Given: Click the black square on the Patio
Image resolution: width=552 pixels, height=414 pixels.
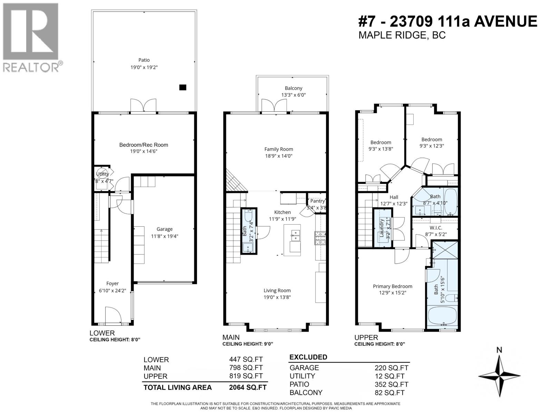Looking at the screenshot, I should pyautogui.click(x=183, y=88).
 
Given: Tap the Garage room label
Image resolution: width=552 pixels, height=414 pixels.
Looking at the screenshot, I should pyautogui.click(x=164, y=229).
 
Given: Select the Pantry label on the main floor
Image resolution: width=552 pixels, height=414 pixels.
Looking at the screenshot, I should pyautogui.click(x=317, y=201).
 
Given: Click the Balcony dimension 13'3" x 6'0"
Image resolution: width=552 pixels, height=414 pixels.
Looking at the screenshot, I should pyautogui.click(x=293, y=95).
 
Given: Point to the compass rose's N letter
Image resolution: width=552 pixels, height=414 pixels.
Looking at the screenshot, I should pyautogui.click(x=499, y=350).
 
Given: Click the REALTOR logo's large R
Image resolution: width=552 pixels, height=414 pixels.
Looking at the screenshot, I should pyautogui.click(x=30, y=32).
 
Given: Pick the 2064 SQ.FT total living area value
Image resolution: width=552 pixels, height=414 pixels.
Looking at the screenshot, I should pyautogui.click(x=248, y=387).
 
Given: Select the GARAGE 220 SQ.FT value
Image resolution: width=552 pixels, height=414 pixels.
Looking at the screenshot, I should pyautogui.click(x=392, y=368).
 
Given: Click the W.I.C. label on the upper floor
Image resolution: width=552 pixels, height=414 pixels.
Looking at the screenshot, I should pyautogui.click(x=436, y=228).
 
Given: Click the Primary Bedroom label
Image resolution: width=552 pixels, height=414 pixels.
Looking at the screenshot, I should pyautogui.click(x=392, y=286).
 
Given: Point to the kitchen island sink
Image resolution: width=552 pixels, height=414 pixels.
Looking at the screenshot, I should pyautogui.click(x=295, y=235).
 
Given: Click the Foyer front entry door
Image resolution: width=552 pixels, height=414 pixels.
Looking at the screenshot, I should pyautogui.click(x=113, y=315).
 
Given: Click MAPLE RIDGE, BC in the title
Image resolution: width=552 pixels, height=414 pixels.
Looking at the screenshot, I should pyautogui.click(x=402, y=35).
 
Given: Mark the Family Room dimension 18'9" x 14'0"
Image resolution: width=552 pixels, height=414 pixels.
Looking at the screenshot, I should pyautogui.click(x=279, y=156).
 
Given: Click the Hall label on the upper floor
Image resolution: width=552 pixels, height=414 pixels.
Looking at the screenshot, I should pyautogui.click(x=394, y=197).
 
